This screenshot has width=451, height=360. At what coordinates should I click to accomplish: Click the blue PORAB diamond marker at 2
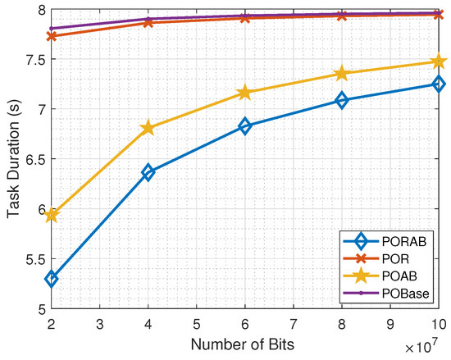52,279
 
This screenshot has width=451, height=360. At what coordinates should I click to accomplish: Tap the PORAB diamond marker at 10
439,84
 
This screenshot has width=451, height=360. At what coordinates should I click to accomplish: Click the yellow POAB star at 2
52,215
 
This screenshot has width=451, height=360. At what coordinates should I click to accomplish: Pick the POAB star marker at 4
148,128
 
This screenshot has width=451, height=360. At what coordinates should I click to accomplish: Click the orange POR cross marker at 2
52,36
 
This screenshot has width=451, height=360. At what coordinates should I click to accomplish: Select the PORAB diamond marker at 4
148,172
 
